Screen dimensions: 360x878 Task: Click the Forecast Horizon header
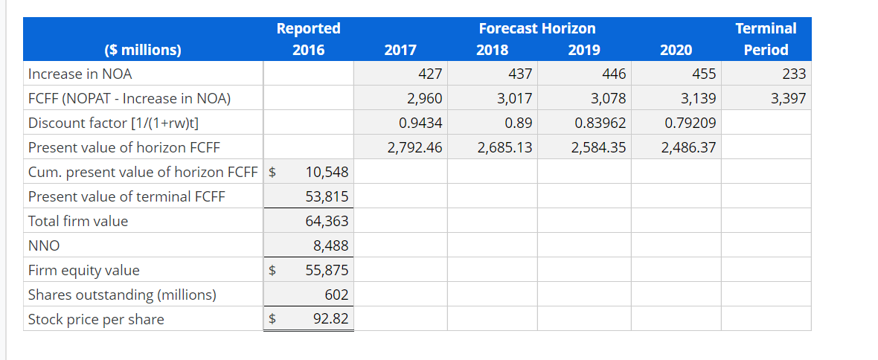[536, 28]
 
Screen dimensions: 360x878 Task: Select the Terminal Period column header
[766, 39]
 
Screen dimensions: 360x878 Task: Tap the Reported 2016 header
[308, 39]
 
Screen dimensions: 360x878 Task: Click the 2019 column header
[584, 51]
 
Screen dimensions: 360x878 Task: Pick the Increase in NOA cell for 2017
[430, 74]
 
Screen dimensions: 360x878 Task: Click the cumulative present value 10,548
[327, 172]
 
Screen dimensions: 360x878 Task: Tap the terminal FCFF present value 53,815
[327, 196]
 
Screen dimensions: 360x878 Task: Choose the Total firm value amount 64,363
[327, 221]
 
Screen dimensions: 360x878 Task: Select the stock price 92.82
[331, 319]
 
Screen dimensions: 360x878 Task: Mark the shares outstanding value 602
[336, 295]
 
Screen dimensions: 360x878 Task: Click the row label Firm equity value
[83, 270]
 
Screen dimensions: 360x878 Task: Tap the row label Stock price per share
[96, 319]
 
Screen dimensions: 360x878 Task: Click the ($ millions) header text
[143, 51]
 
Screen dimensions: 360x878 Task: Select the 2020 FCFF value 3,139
[699, 98]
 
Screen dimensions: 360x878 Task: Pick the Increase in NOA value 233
[794, 74]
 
